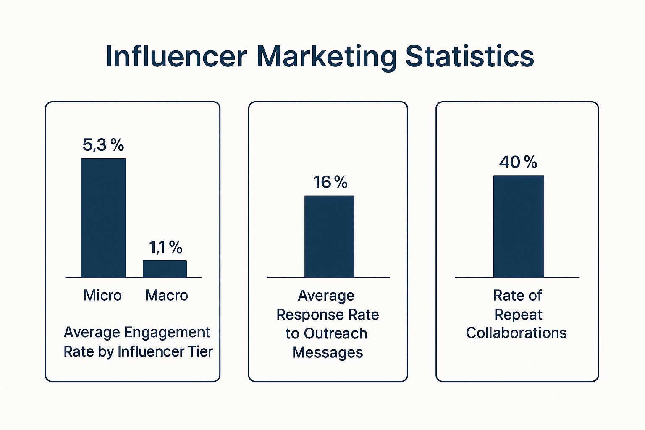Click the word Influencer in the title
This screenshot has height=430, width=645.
pyautogui.click(x=176, y=56)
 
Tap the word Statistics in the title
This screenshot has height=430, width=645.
pyautogui.click(x=469, y=56)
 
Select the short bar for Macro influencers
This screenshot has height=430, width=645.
pyautogui.click(x=165, y=269)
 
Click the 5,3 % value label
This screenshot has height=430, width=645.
pyautogui.click(x=103, y=145)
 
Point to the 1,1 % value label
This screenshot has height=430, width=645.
pyautogui.click(x=166, y=248)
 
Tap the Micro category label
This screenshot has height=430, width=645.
pyautogui.click(x=102, y=295)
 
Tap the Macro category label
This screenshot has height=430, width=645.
pyautogui.click(x=166, y=295)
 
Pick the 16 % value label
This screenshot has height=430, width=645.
pyautogui.click(x=330, y=182)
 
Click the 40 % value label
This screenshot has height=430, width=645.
pyautogui.click(x=518, y=162)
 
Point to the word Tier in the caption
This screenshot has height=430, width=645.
pyautogui.click(x=200, y=351)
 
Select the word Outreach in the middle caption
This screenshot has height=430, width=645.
pyautogui.click(x=336, y=334)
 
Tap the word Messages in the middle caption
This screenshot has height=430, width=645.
pyautogui.click(x=328, y=352)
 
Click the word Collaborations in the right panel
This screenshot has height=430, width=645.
pyautogui.click(x=516, y=333)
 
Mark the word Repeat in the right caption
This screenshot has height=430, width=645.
pyautogui.click(x=518, y=315)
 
